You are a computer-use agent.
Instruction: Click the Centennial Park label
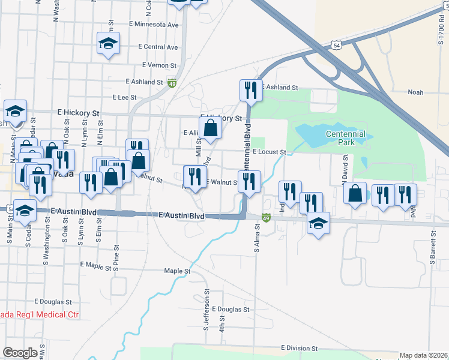click(x=346, y=138)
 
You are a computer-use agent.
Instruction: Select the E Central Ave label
click(x=158, y=47)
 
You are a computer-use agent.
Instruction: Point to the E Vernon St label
click(x=159, y=65)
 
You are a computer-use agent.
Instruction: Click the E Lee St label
click(x=125, y=97)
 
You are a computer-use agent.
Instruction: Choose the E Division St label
click(x=298, y=348)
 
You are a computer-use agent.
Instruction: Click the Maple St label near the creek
click(x=177, y=271)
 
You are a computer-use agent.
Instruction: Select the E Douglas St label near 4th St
click(x=230, y=310)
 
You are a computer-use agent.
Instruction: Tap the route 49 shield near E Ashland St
click(x=172, y=83)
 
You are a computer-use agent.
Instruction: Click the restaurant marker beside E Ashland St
click(x=251, y=91)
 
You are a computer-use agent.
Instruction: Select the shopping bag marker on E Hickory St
click(x=210, y=128)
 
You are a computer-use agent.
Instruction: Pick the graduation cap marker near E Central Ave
click(x=109, y=43)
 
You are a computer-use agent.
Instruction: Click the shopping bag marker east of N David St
click(x=355, y=194)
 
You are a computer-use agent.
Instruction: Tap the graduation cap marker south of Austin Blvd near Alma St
click(x=318, y=224)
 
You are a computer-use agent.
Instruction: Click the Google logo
click(x=20, y=353)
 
